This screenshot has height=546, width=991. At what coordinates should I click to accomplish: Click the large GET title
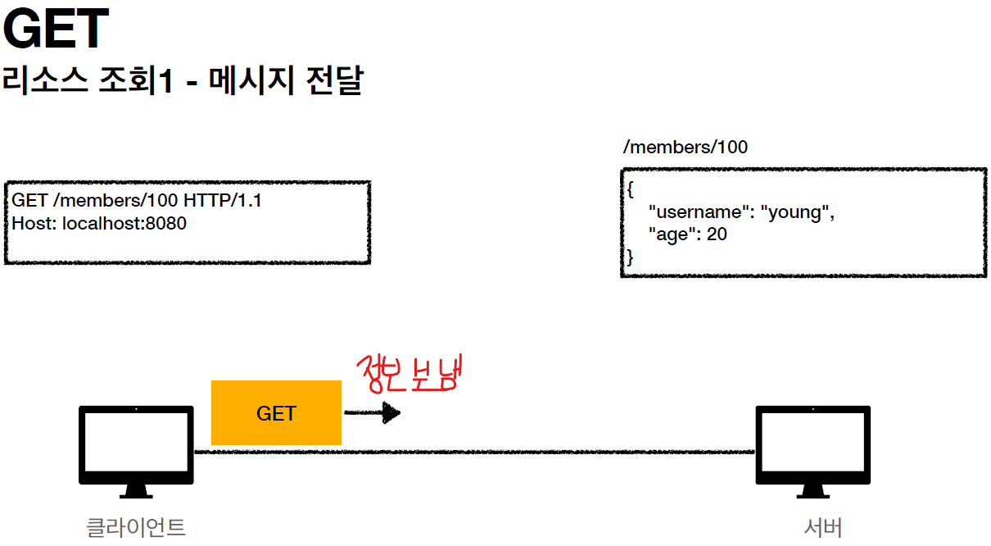coord(56,30)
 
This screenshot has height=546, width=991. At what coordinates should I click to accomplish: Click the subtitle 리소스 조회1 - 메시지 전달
coord(182,82)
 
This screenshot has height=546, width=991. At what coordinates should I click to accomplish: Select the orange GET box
coord(276,413)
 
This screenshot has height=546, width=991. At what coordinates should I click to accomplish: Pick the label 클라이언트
coord(136,526)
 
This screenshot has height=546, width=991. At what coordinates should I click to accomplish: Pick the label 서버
coord(823,526)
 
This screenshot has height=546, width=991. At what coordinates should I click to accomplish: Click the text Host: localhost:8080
coord(99,223)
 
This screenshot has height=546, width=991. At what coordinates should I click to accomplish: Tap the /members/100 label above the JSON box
coord(685,148)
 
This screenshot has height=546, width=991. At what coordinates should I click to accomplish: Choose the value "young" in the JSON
coord(797,212)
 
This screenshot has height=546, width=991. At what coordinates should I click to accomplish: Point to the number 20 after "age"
coord(717,234)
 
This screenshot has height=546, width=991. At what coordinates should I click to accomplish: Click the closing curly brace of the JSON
coord(631,257)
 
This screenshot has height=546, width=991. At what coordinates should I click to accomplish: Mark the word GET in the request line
coord(29,201)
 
